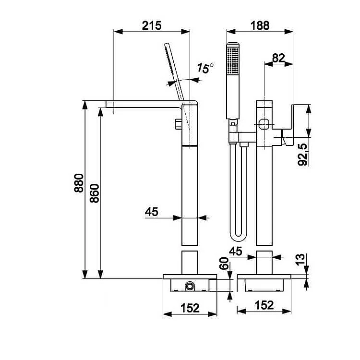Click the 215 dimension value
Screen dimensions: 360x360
152,25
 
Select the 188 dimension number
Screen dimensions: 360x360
260,25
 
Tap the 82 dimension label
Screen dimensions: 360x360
278,58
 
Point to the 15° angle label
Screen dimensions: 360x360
205,68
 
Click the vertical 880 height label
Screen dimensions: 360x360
79,183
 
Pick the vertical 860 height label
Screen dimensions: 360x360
95,193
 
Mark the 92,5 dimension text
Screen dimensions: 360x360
302,155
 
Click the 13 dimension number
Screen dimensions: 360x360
300,260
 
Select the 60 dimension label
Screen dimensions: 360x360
224,264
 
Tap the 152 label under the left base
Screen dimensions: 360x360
190,308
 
